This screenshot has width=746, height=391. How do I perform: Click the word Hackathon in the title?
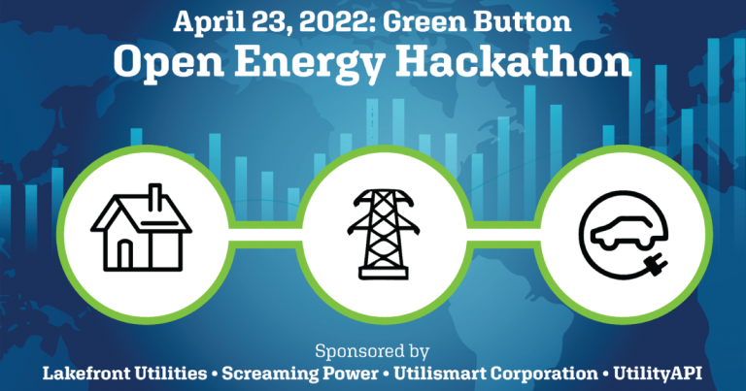[x=515, y=63]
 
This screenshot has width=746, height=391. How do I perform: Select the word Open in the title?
[x=168, y=63]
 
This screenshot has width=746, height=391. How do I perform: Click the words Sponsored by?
[x=372, y=349]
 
